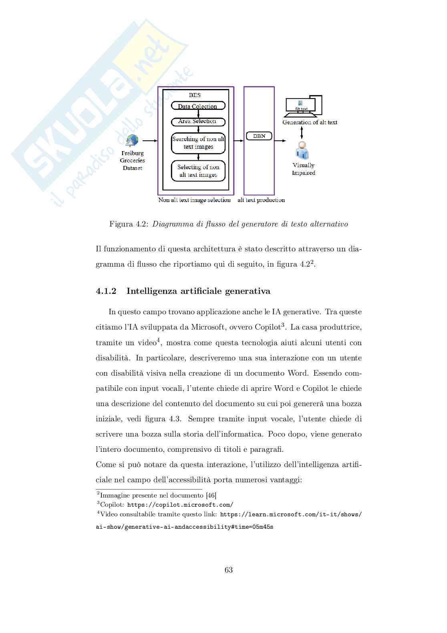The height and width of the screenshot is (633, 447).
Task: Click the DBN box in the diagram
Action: pyautogui.click(x=259, y=136)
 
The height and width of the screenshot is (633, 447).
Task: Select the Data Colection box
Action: pyautogui.click(x=198, y=106)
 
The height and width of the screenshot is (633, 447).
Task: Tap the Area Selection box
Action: pyautogui.click(x=198, y=121)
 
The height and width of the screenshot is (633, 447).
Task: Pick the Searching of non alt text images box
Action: pyautogui.click(x=198, y=143)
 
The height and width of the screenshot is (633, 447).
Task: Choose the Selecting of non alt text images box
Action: pyautogui.click(x=198, y=171)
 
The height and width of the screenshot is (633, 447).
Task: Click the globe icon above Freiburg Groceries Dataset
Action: pyautogui.click(x=132, y=141)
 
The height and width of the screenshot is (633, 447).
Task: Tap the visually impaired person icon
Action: pyautogui.click(x=302, y=151)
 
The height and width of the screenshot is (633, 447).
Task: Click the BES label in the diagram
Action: pyautogui.click(x=195, y=95)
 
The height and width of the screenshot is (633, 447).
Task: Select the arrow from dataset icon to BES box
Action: pyautogui.click(x=150, y=141)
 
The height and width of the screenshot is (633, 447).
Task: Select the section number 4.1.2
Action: pyautogui.click(x=106, y=291)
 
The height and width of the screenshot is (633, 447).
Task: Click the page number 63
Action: pyautogui.click(x=229, y=570)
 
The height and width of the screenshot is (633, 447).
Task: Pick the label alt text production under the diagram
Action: pyautogui.click(x=261, y=200)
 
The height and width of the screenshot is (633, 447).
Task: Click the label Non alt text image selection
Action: pyautogui.click(x=194, y=200)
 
